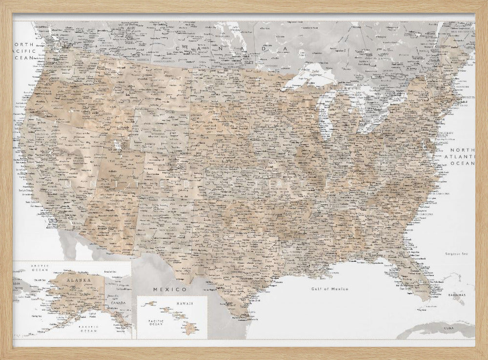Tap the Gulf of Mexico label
(330, 289)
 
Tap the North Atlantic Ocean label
(462, 157)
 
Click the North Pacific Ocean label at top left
(25, 51)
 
